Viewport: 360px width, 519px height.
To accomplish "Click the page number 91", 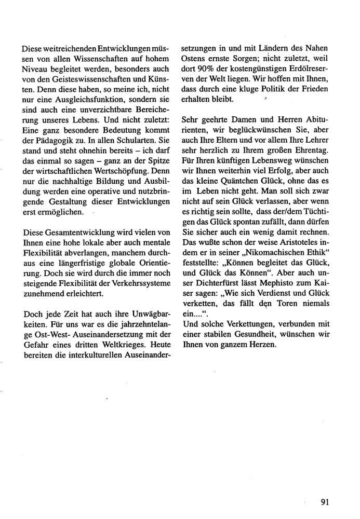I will [326, 501].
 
